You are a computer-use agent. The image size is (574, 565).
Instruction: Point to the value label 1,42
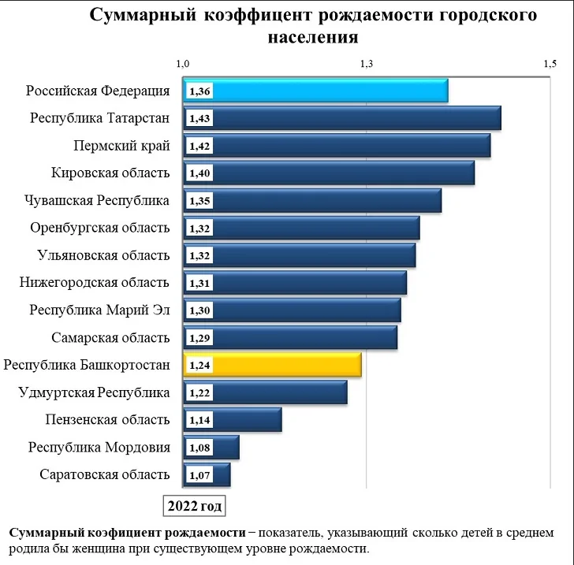coord(199,146)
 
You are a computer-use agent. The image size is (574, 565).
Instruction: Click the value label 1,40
coord(199,173)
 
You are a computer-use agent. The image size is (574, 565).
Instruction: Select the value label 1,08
coord(199,448)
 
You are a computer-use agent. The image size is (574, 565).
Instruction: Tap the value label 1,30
coord(199,310)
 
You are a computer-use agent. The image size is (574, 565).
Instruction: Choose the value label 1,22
coord(199,392)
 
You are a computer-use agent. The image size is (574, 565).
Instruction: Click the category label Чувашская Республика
coord(98,200)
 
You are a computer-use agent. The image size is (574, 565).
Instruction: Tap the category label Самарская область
coord(110,338)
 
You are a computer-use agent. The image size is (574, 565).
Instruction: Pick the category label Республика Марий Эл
coord(99,310)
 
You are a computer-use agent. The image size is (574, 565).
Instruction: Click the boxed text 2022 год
coord(193,504)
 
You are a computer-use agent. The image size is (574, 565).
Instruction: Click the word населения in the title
coord(314,37)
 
